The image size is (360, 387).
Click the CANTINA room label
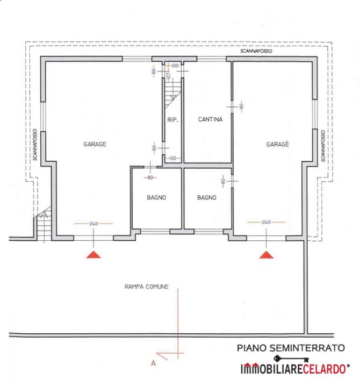[210, 119]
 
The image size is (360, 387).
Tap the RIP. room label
[172, 120]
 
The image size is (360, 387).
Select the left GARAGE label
[95, 144]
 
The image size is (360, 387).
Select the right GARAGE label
[277, 144]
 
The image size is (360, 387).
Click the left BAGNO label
[156, 197]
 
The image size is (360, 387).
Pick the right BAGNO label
[207, 197]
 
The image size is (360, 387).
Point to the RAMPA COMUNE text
[147, 286]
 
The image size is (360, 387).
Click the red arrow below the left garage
[93, 254]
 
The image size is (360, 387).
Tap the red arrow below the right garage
[266, 255]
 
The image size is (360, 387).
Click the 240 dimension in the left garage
[93, 224]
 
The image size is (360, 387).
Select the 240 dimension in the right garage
[266, 222]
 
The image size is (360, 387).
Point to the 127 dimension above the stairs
[168, 75]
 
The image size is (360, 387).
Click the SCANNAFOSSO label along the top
[256, 51]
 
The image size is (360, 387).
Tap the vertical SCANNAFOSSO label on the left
[35, 145]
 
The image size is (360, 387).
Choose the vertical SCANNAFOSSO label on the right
[323, 146]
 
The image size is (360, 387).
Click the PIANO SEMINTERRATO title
[291, 348]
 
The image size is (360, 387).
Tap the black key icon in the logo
[291, 359]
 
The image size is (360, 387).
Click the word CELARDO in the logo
[324, 369]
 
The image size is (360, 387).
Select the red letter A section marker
[154, 363]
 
